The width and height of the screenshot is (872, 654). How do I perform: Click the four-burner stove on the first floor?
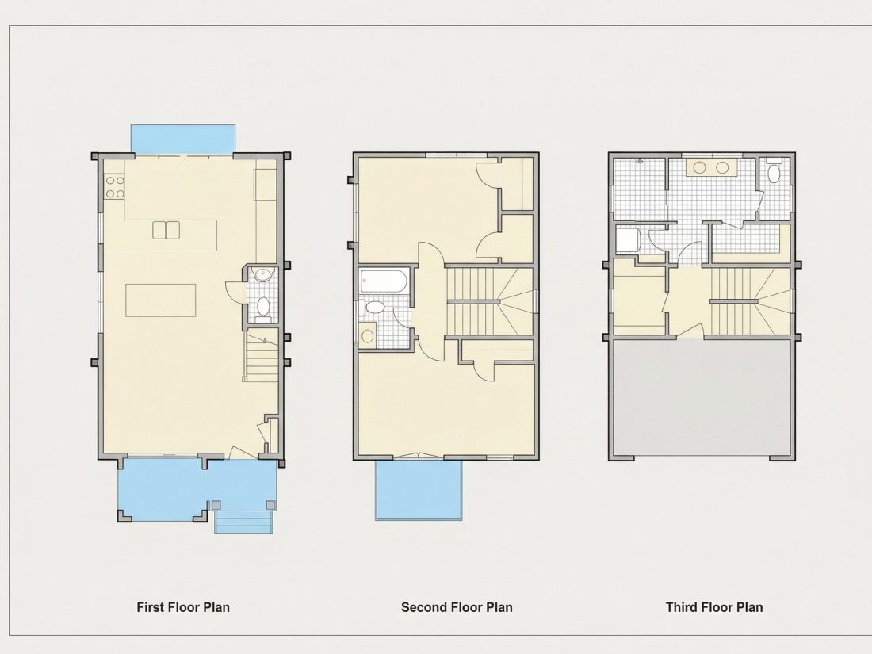[115, 187]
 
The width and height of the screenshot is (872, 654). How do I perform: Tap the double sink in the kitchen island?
[166, 230]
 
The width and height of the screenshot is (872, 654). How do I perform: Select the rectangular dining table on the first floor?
[161, 300]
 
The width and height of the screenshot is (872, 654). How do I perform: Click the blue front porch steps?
[243, 522]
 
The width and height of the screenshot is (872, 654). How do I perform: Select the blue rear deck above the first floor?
[182, 139]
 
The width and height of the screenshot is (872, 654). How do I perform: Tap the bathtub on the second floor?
[384, 281]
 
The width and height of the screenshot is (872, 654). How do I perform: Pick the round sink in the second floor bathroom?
[368, 336]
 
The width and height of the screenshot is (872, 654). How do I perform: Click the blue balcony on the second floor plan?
[419, 490]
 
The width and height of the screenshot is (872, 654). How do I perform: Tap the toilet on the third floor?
[774, 171]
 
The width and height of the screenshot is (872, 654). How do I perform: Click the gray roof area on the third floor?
[702, 397]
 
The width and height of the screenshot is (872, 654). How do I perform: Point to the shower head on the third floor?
[640, 161]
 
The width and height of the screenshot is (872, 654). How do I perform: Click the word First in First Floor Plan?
[150, 607]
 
